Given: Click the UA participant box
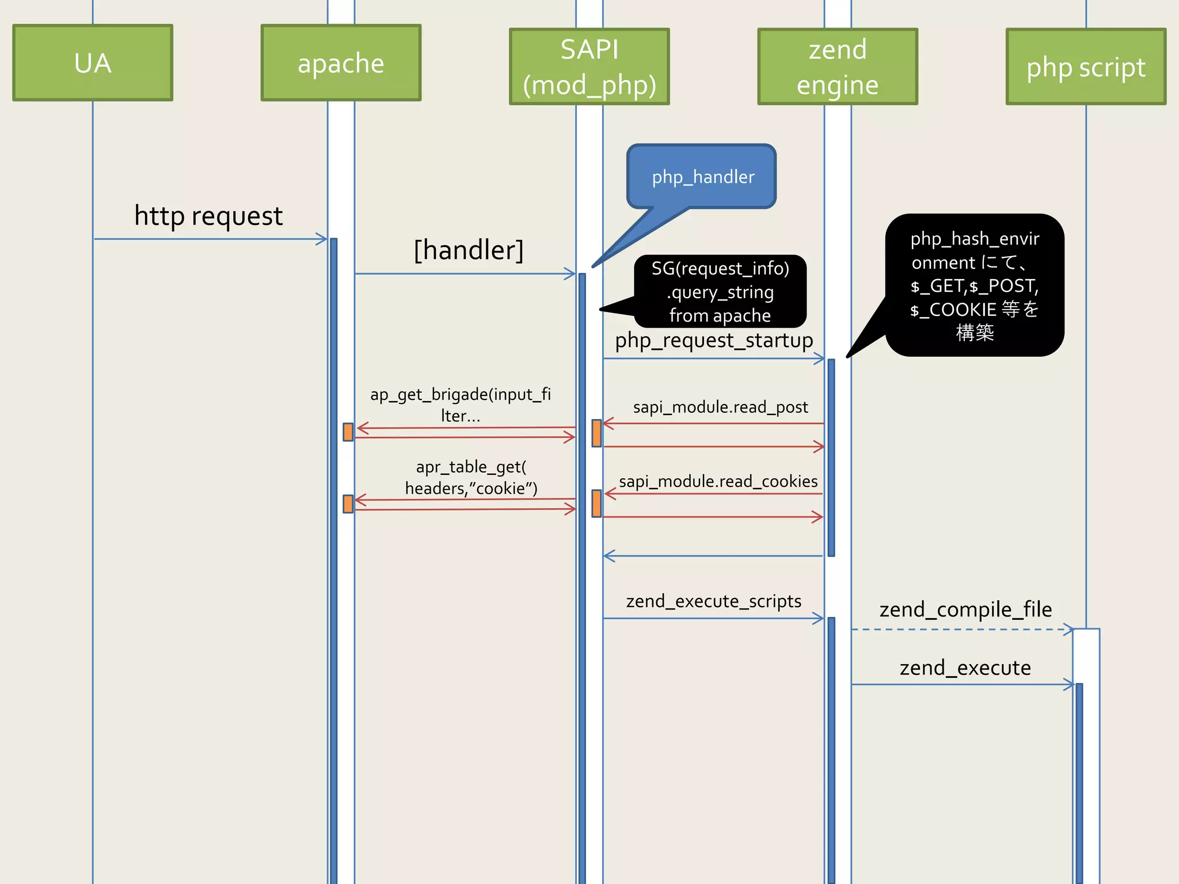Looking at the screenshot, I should (x=93, y=63).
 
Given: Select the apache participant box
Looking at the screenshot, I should (x=341, y=63).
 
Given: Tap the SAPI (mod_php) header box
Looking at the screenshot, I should (x=589, y=67).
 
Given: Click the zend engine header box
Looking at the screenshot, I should (x=838, y=67).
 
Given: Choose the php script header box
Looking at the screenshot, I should (x=1086, y=67).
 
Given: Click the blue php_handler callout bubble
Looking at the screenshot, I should (x=702, y=177).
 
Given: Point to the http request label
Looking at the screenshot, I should (x=208, y=216).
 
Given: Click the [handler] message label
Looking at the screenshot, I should (x=469, y=250).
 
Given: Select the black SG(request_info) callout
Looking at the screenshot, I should (x=720, y=292).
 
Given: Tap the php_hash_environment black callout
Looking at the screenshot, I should (x=975, y=285).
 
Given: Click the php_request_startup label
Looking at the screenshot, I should (x=714, y=340).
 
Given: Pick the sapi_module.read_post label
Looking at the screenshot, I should (x=720, y=407).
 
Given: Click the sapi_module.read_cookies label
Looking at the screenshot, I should (x=718, y=481).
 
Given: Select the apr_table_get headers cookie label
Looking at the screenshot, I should (x=471, y=477).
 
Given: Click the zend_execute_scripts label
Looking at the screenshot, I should (x=713, y=601).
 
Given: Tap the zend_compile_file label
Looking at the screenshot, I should (x=965, y=609).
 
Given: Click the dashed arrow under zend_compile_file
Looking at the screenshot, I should (x=961, y=630).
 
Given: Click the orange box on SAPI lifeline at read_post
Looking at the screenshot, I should (x=596, y=433).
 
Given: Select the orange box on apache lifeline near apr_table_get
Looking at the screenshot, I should (x=348, y=504).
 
